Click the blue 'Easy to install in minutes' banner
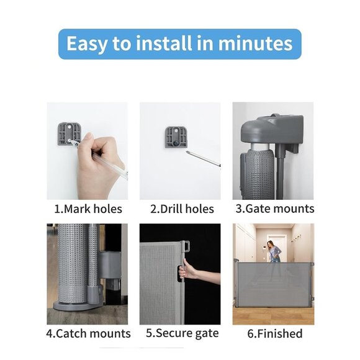tap(179, 44)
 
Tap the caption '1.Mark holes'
tap(88, 209)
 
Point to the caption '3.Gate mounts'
tap(274, 209)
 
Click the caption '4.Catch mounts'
tap(88, 333)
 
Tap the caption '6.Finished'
tap(273, 333)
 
